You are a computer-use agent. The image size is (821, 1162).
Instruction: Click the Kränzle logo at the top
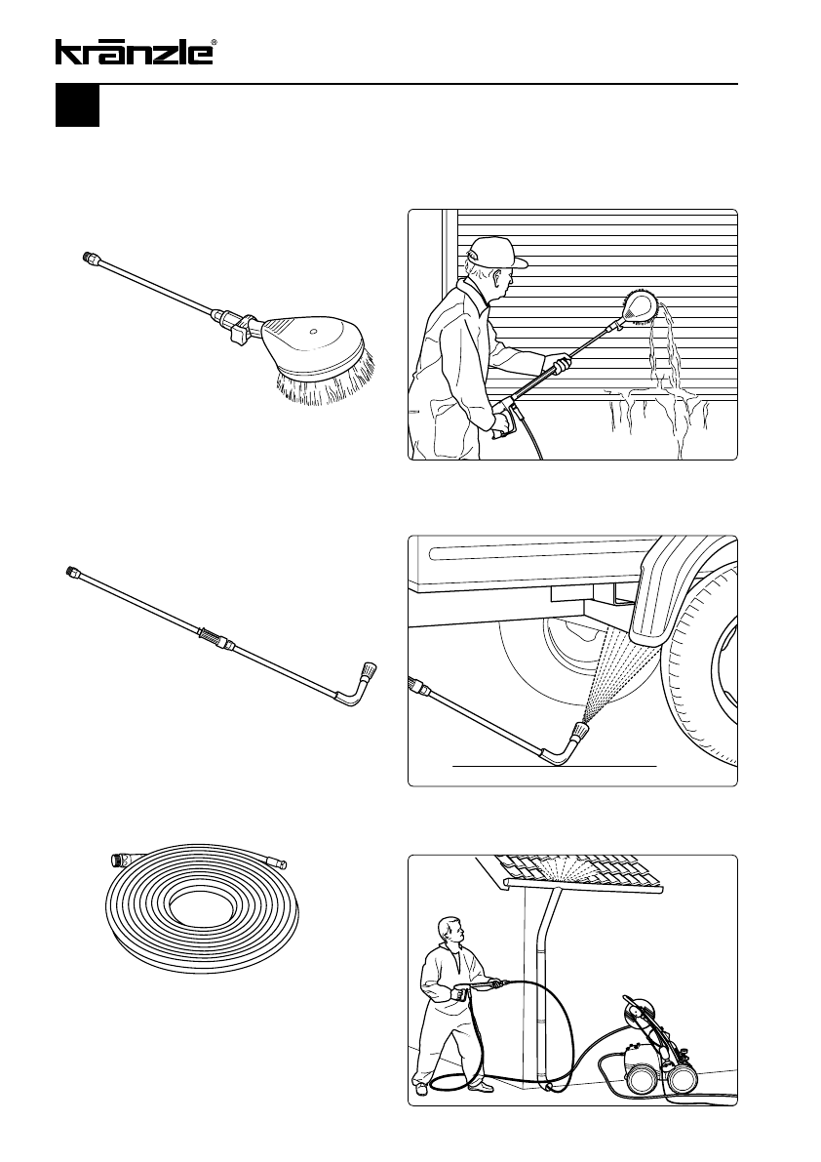[135, 52]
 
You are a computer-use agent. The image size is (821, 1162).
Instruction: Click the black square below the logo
[77, 106]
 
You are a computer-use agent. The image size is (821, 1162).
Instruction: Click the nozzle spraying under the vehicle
[579, 728]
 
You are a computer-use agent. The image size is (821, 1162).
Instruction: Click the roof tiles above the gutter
[586, 867]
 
